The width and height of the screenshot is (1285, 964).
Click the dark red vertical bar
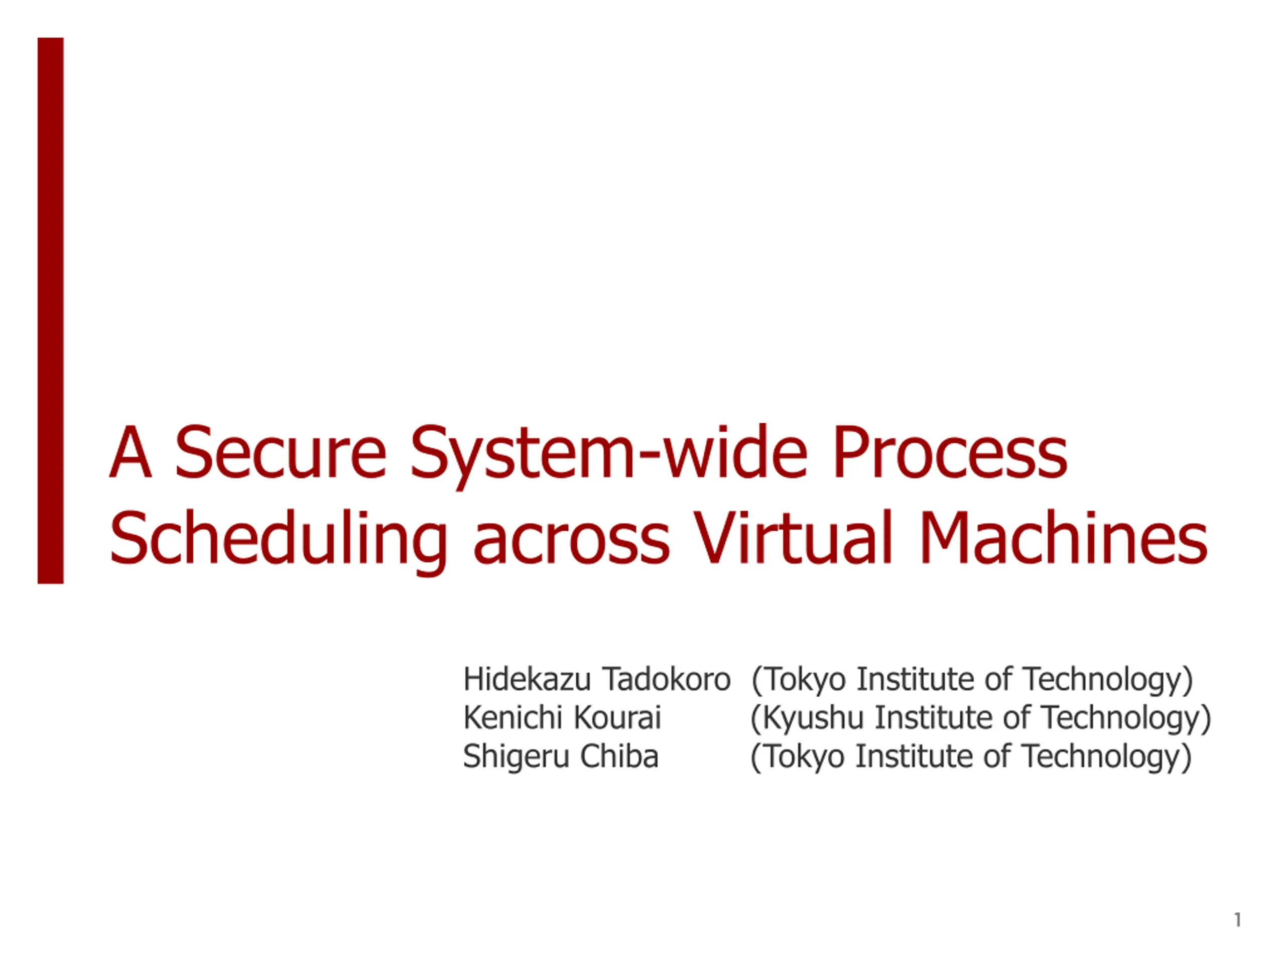[51, 310]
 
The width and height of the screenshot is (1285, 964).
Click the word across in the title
[572, 546]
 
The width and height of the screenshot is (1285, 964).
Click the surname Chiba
[619, 756]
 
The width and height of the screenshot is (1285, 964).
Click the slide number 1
[1237, 920]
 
